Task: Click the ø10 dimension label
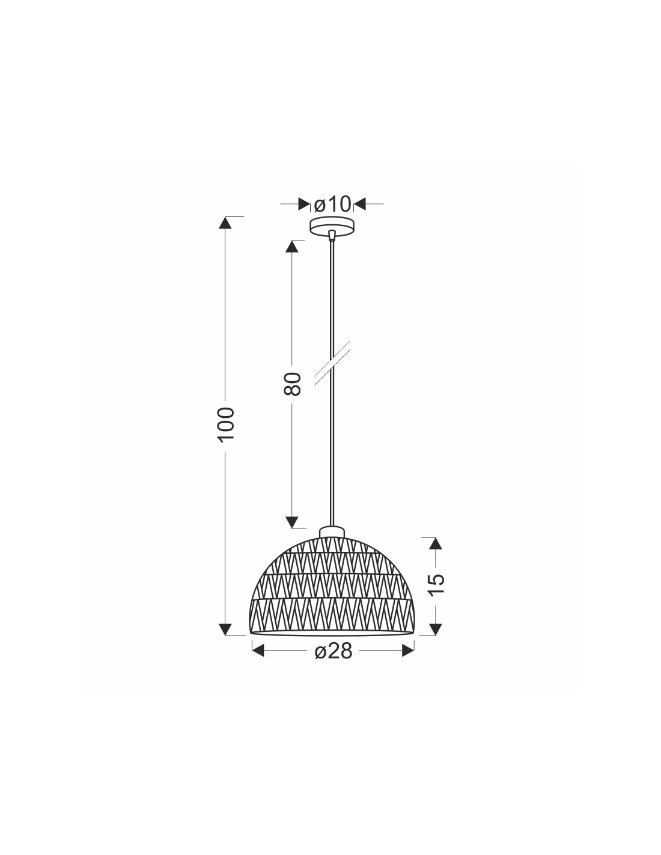pyautogui.click(x=332, y=204)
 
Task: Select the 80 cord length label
pyautogui.click(x=293, y=384)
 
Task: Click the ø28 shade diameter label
pyautogui.click(x=333, y=652)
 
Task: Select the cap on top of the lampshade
pyautogui.click(x=332, y=532)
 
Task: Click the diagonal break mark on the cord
pyautogui.click(x=332, y=363)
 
